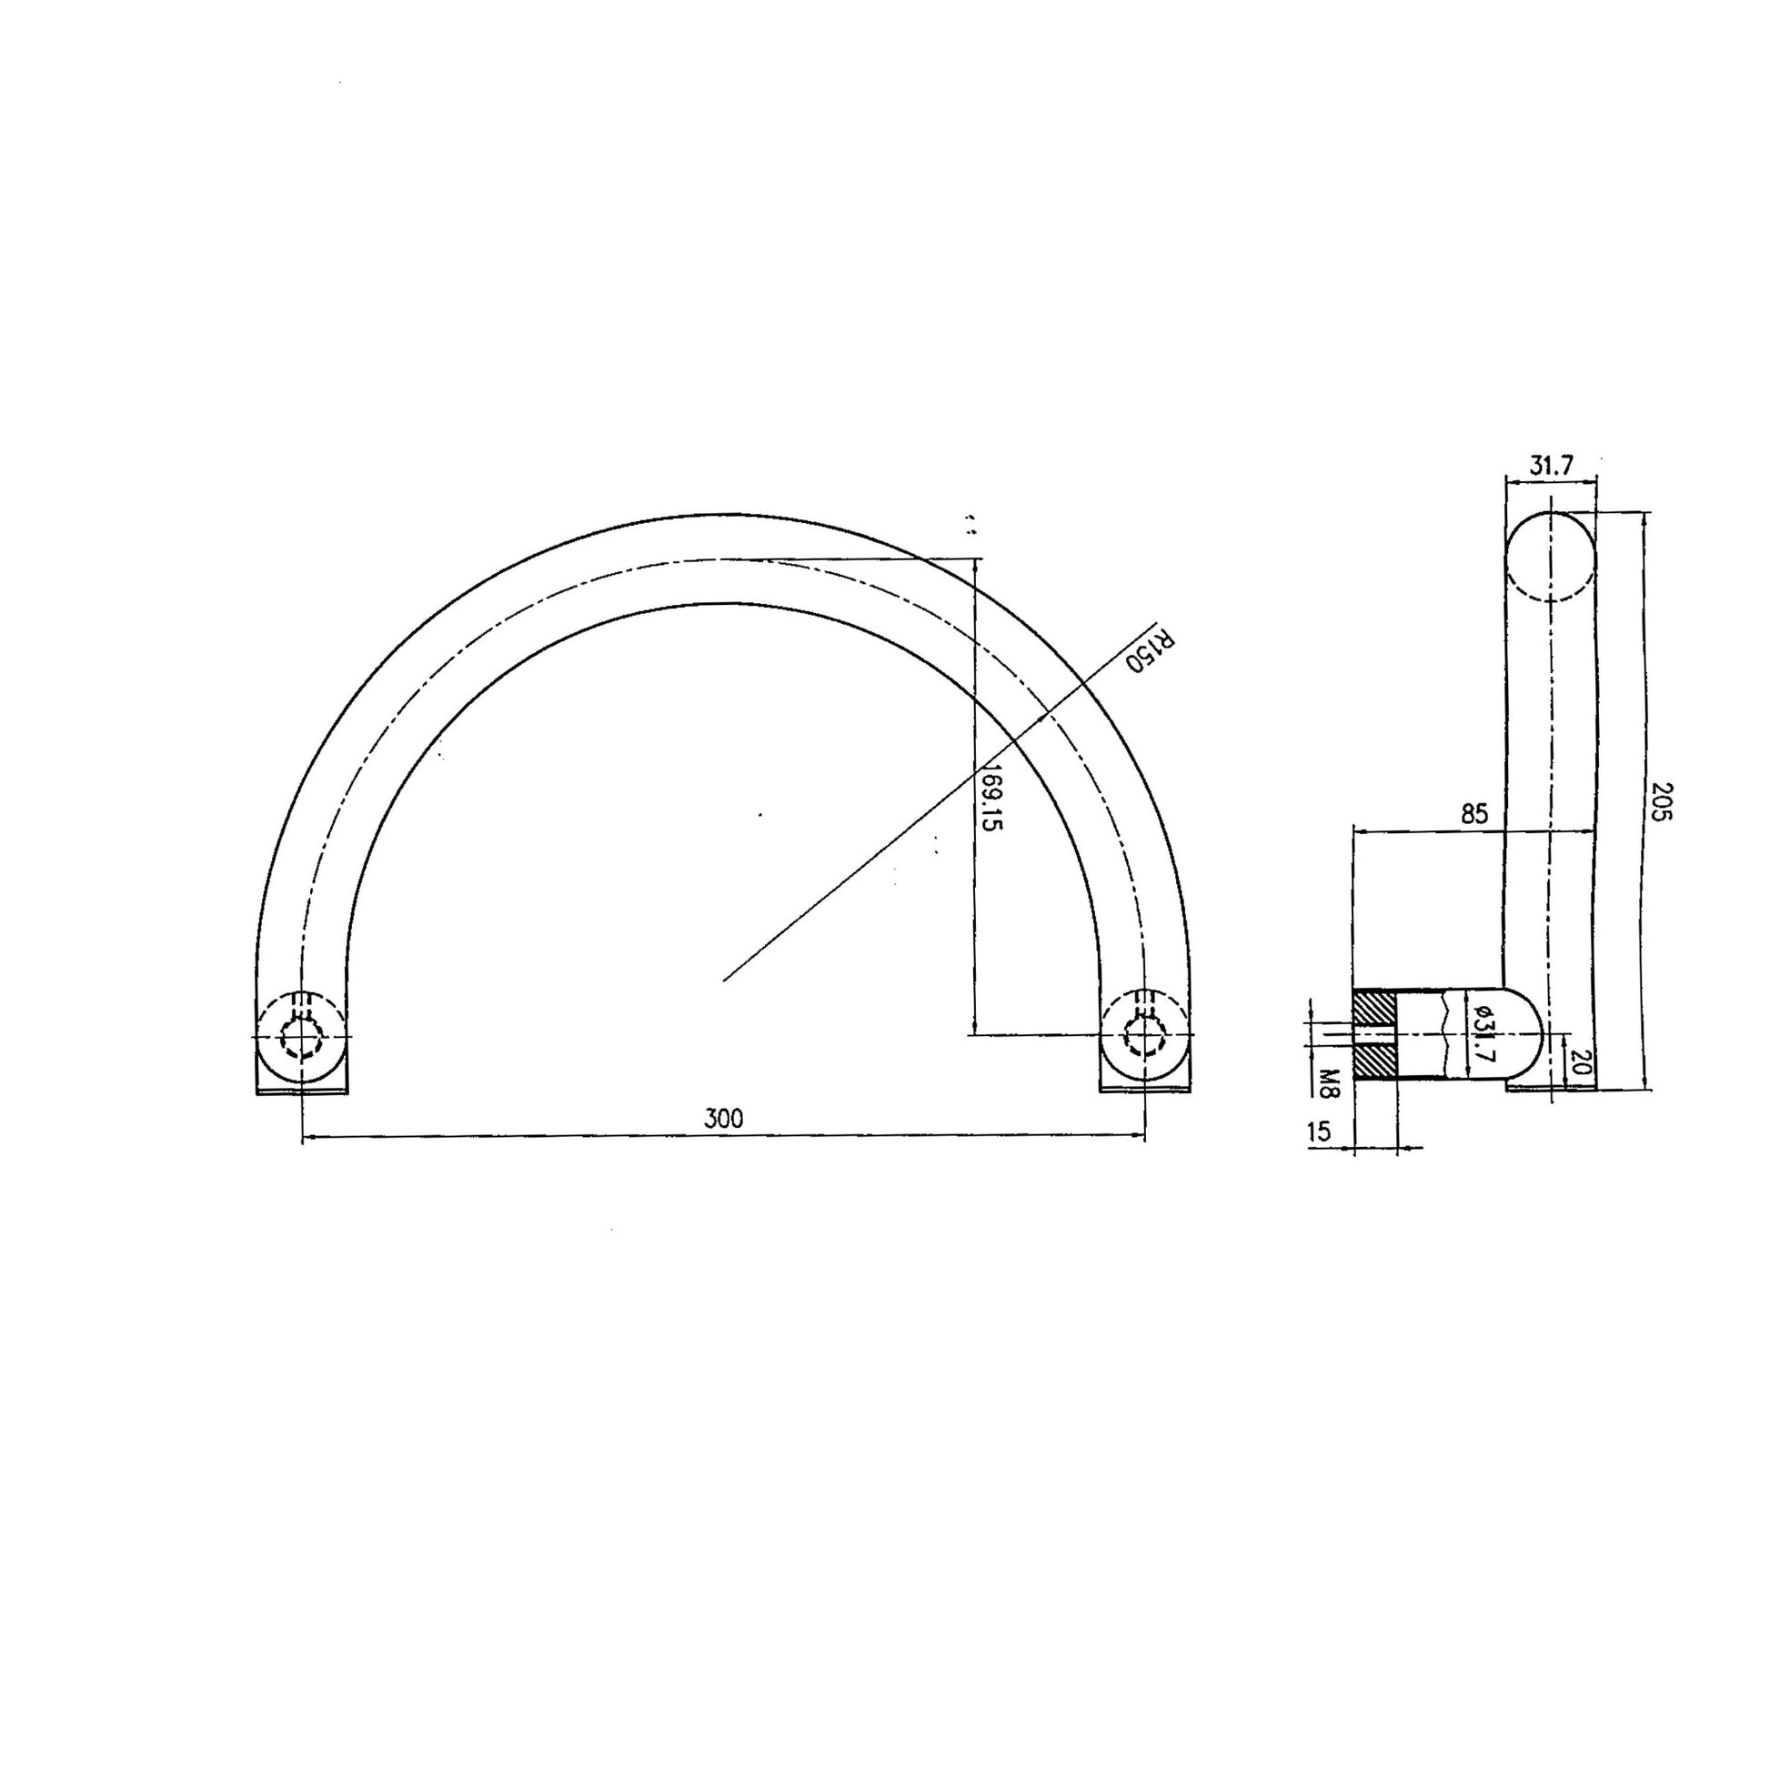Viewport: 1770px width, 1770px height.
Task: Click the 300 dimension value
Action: tap(723, 1119)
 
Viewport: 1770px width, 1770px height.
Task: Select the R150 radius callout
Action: tap(1151, 650)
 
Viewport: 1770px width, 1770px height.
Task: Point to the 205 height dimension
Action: tap(1663, 800)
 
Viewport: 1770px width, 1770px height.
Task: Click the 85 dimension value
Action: tap(1474, 813)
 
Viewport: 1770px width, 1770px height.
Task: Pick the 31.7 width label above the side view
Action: tap(1550, 466)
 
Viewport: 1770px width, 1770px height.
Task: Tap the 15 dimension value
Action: tap(1318, 1132)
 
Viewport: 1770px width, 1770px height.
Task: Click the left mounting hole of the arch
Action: tap(301, 1038)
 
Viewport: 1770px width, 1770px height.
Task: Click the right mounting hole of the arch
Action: tap(1144, 1038)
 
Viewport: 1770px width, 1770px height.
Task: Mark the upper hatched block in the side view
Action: tap(1374, 1010)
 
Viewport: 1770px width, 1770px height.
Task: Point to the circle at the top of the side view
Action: tap(1550, 557)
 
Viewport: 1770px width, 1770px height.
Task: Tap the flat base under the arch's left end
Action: tap(301, 1089)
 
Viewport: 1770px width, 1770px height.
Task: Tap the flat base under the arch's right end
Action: tap(1145, 1089)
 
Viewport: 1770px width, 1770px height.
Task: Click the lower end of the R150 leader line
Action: tap(725, 981)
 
